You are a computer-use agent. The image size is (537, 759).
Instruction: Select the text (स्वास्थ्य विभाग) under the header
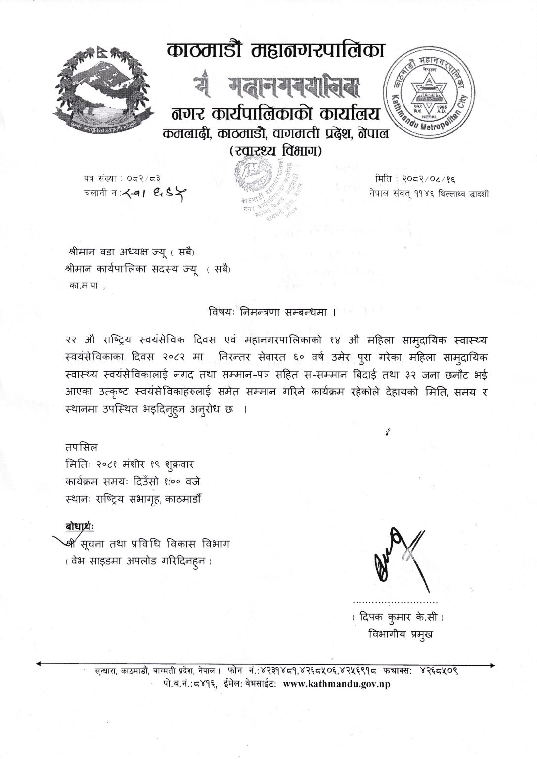(276, 150)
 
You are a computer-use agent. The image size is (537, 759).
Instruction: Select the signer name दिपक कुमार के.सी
(398, 618)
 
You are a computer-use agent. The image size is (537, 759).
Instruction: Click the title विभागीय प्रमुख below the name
(400, 634)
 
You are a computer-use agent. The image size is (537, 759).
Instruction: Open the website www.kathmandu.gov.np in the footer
(337, 684)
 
